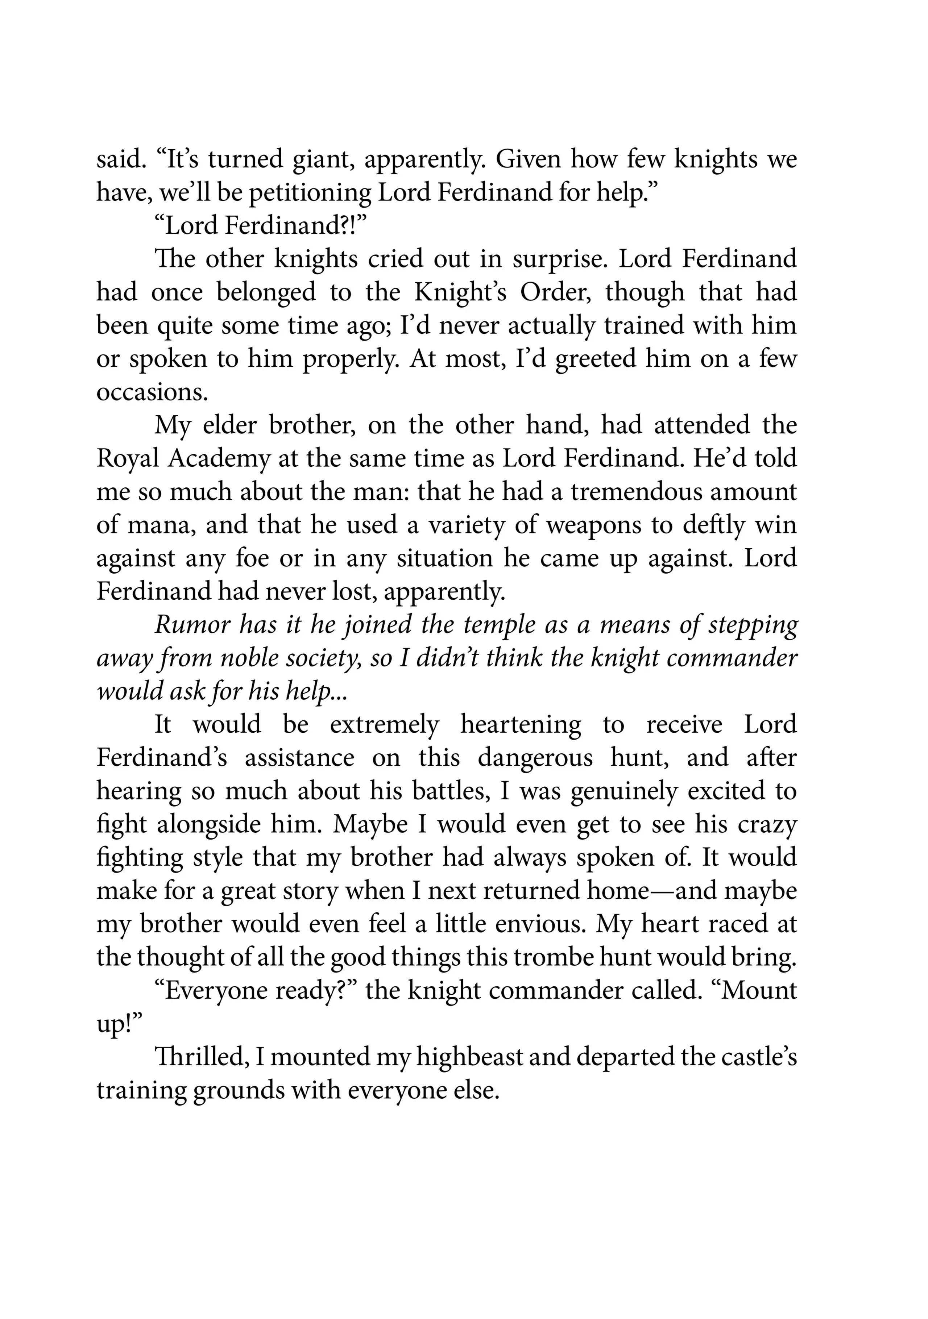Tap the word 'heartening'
coord(520,725)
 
